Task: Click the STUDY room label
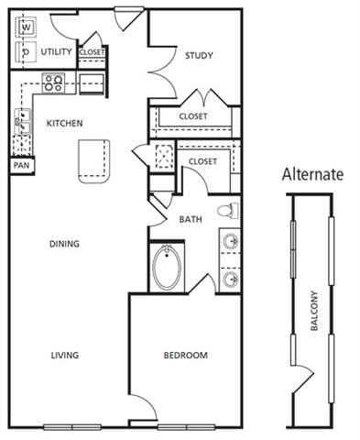[x=199, y=56]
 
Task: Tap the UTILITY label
[x=58, y=52]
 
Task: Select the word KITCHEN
[x=66, y=123]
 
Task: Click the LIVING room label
[x=64, y=355]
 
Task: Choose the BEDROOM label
[x=186, y=355]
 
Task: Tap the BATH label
[x=191, y=220]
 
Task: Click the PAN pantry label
[x=21, y=166]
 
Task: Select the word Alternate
[x=312, y=174]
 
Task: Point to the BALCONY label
[x=314, y=312]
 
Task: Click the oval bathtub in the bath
[x=168, y=268]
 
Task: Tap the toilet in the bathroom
[x=228, y=211]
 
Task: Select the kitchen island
[x=93, y=160]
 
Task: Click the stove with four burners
[x=53, y=83]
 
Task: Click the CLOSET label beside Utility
[x=93, y=52]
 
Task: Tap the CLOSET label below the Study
[x=192, y=116]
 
